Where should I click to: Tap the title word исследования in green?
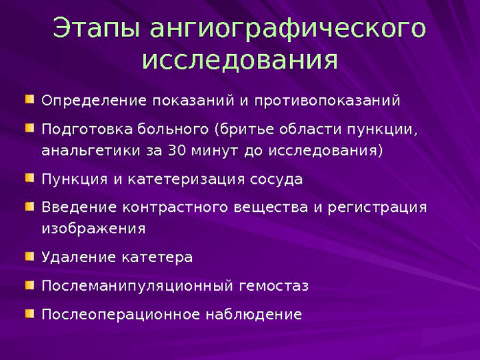tap(240, 60)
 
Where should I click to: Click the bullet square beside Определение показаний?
tap(29, 100)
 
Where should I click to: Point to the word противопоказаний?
tap(327, 101)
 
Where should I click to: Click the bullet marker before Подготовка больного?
tap(29, 128)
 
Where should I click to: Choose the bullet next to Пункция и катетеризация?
tap(29, 178)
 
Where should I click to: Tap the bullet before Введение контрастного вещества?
tap(29, 206)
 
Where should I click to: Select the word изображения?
tap(93, 228)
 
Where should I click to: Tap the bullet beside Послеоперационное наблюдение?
tap(29, 313)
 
